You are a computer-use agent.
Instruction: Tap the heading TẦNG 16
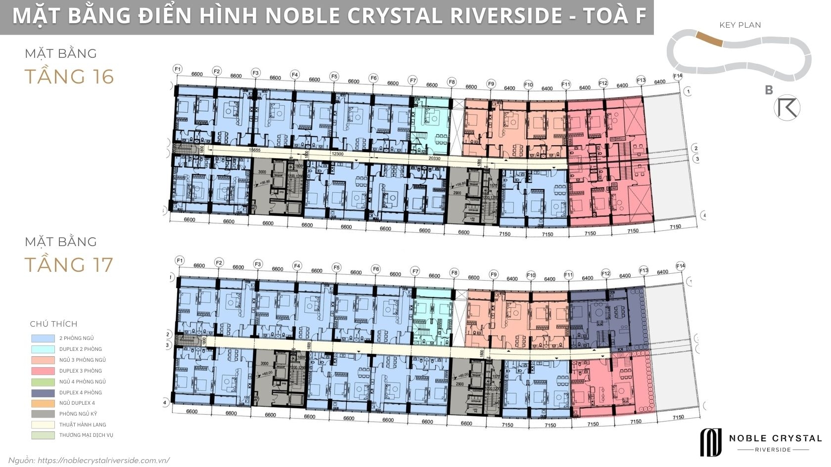69,77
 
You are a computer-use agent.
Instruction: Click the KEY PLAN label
740,25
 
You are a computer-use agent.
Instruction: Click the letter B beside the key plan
769,90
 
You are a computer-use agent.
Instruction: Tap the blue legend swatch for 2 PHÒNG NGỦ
43,339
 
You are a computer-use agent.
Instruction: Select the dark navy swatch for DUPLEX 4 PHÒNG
43,392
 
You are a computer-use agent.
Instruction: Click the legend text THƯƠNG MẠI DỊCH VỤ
86,435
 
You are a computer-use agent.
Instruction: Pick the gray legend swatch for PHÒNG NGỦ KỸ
43,414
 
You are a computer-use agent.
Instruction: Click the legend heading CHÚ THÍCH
53,324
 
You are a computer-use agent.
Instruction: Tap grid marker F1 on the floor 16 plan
178,69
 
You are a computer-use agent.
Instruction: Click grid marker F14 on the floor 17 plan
681,266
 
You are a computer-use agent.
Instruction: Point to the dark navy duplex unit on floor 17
606,316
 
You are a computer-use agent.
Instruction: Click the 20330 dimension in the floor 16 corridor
435,159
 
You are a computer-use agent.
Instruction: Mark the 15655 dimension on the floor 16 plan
255,150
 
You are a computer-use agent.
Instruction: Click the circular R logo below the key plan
787,109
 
